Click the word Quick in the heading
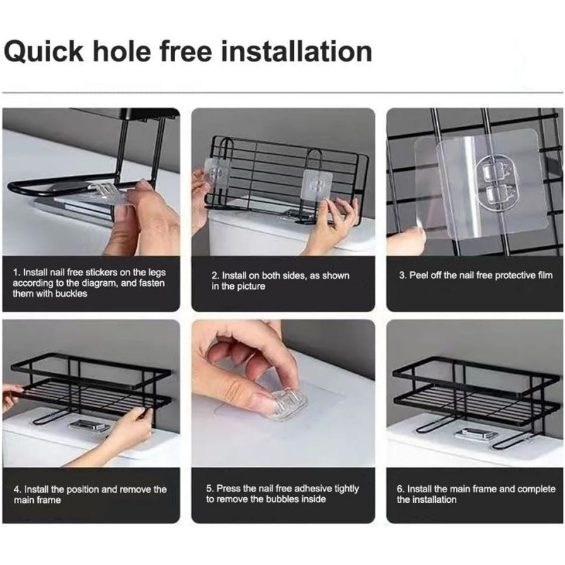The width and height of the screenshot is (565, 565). pos(44,52)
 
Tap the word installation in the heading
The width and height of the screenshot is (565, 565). pos(296,52)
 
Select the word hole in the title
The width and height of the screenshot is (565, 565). pos(121,52)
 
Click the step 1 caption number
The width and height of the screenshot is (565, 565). pos(16,273)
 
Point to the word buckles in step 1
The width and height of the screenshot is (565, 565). pos(71,293)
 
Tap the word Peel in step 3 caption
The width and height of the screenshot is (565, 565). pos(418,275)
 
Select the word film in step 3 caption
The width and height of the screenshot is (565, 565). pos(545,275)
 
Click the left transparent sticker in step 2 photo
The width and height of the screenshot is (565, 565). pos(218,173)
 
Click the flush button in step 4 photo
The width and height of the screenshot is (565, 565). pos(90,426)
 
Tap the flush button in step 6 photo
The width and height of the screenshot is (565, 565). pos(476,434)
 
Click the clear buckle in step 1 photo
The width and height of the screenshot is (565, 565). pos(103,189)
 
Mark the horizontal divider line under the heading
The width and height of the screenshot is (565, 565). pos(282,93)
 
